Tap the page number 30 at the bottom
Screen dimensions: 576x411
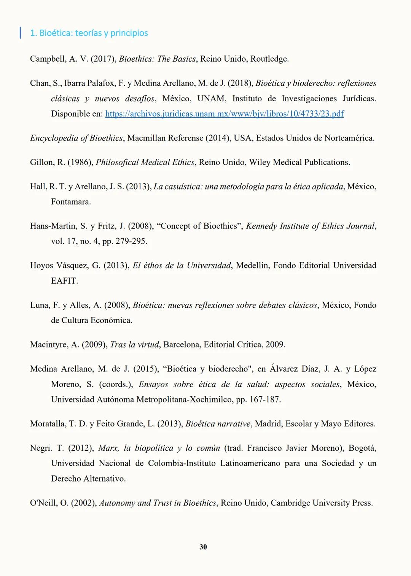203,547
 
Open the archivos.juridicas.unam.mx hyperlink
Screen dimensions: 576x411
225,114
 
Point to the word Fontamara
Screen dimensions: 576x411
71,202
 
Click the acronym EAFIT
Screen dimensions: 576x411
64,281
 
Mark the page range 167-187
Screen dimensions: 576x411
265,400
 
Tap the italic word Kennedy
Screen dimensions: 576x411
261,226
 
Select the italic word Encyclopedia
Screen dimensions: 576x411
54,138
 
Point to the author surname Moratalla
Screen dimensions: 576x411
48,424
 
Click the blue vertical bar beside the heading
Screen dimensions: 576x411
20,33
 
